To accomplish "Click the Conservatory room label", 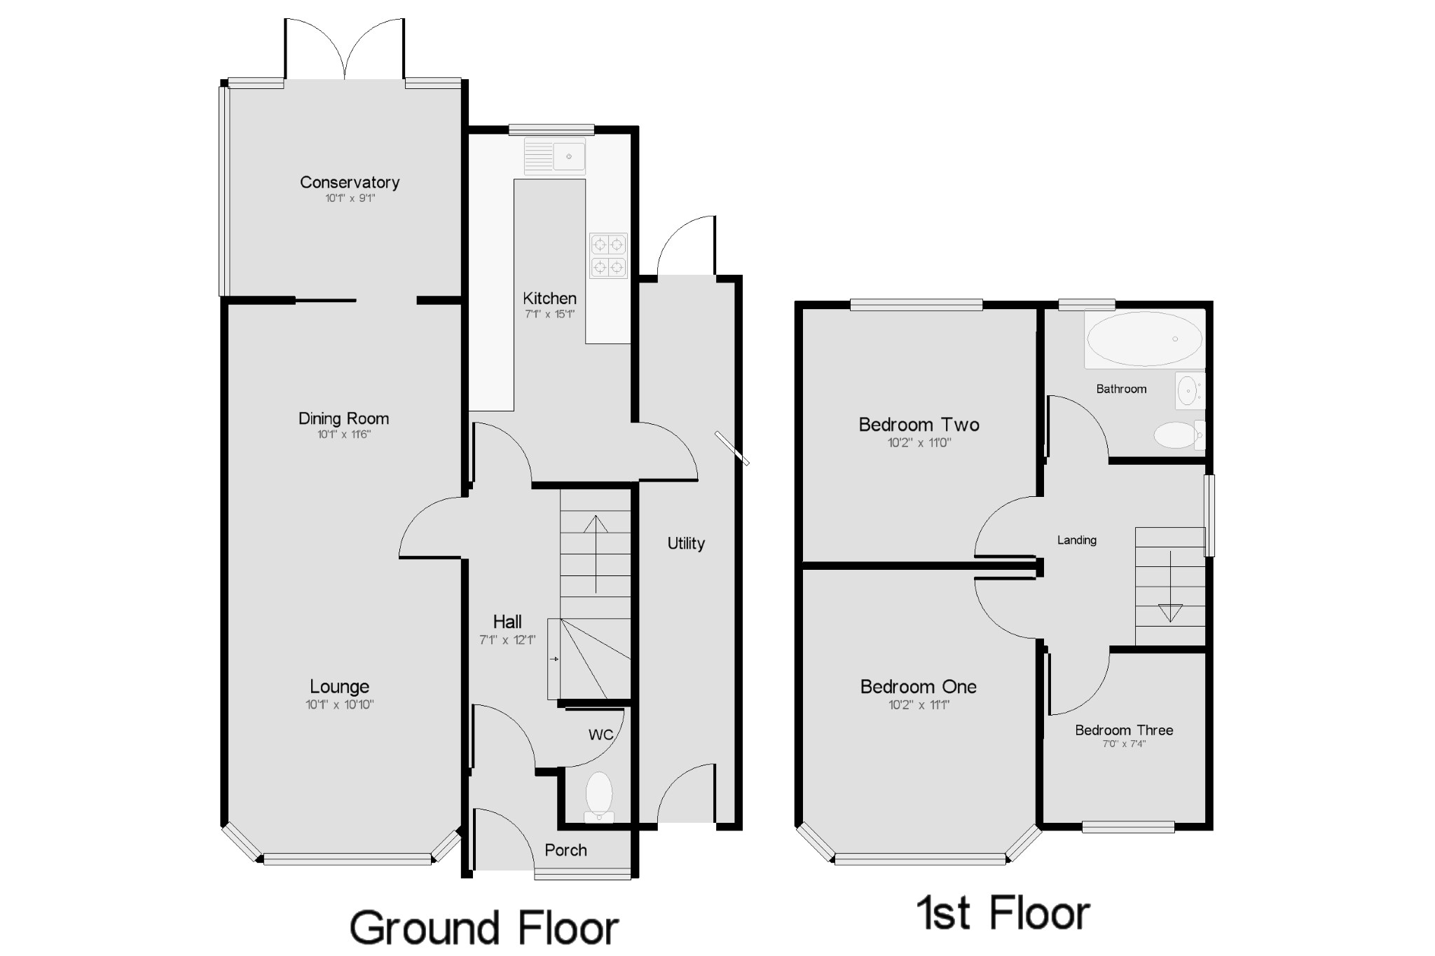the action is [x=350, y=182].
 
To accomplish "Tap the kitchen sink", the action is [x=555, y=156].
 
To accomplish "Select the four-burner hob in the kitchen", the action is [x=608, y=256].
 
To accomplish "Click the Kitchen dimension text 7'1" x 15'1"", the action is [x=550, y=314].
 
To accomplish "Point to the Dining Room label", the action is [x=343, y=418].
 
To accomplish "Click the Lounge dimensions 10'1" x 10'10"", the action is [x=340, y=704].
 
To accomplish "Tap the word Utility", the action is [x=686, y=543].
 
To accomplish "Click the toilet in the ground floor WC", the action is [x=599, y=798].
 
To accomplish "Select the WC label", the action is [x=601, y=735].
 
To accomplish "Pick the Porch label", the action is [x=565, y=850].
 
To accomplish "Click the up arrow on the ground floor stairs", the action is [x=596, y=554].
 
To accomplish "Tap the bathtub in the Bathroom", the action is [x=1144, y=339].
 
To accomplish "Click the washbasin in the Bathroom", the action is [x=1190, y=390].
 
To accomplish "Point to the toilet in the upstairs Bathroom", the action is [x=1179, y=435].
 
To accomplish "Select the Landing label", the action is [x=1077, y=540].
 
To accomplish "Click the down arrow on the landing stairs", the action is [x=1170, y=587].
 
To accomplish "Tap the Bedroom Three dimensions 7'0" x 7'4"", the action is [x=1124, y=744].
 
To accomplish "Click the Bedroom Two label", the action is [x=919, y=425].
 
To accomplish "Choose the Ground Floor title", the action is [x=484, y=928].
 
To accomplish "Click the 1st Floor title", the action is [x=1003, y=913].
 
